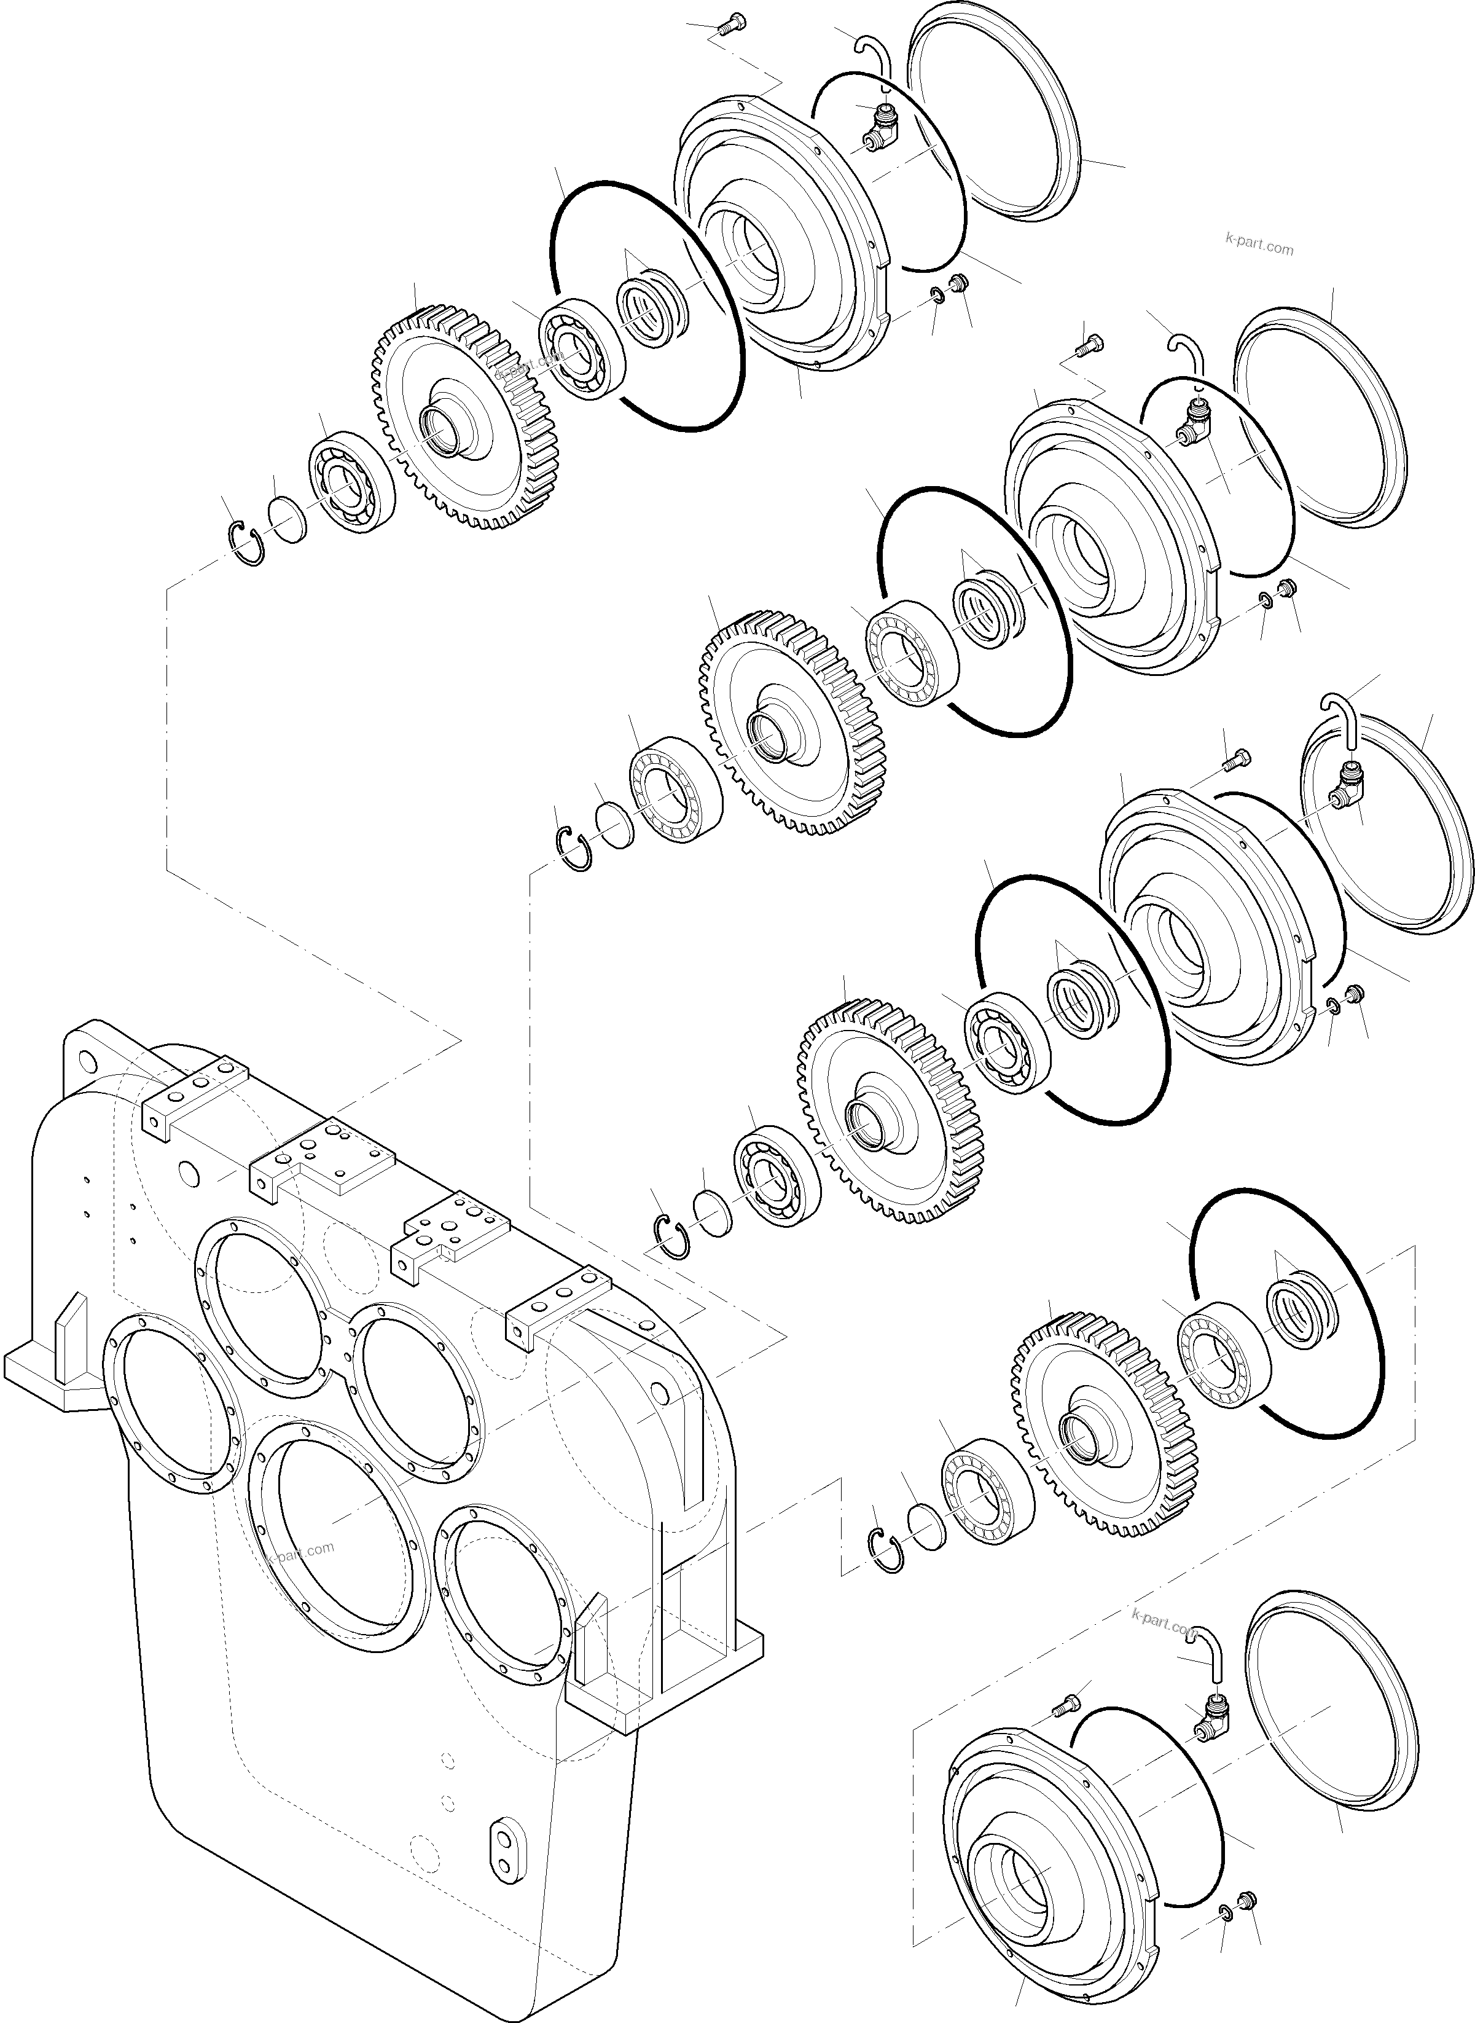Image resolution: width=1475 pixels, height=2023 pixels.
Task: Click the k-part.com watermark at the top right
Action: (x=1259, y=246)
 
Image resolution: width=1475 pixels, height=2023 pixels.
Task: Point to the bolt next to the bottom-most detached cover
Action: (x=1064, y=1705)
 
